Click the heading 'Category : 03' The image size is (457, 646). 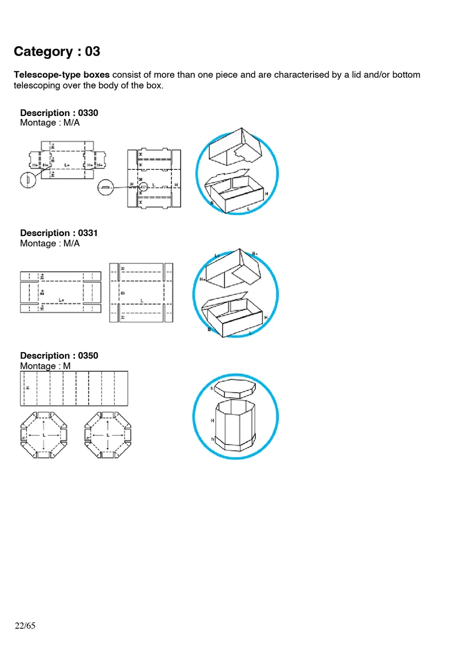(57, 51)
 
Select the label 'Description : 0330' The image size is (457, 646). (59, 113)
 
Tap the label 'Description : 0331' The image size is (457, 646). (59, 233)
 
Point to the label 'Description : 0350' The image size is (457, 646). (59, 356)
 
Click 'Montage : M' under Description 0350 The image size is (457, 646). (45, 366)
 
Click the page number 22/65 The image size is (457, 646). (25, 626)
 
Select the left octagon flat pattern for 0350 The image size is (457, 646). (43, 435)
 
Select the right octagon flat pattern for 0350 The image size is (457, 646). (107, 435)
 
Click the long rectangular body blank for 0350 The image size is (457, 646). (74, 388)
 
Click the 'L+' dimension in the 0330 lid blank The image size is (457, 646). (67, 165)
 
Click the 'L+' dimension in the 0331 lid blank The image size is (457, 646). (61, 300)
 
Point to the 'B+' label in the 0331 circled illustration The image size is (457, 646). (255, 253)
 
